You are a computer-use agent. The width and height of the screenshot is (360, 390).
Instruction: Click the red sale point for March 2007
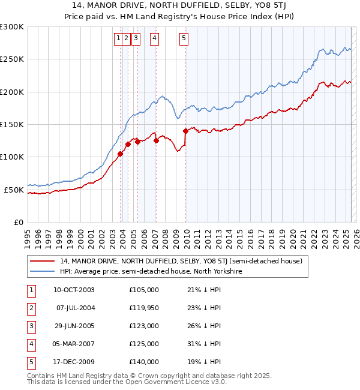pos(156,140)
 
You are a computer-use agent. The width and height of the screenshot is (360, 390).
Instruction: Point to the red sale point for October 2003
pos(120,154)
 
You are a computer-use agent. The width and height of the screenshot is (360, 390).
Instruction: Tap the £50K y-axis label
pos(14,190)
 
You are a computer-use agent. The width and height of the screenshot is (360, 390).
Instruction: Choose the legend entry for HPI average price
pos(151,271)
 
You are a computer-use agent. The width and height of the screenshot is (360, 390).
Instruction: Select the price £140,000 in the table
pos(144,362)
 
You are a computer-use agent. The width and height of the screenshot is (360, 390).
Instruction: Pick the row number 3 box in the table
pos(30,326)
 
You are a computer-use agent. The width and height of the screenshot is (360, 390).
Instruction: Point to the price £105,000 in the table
pos(144,290)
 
